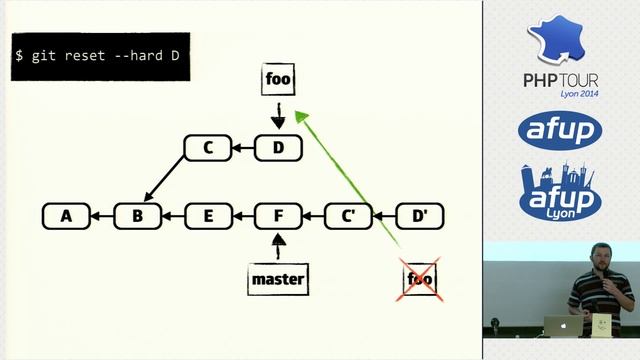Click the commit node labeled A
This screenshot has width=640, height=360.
[67, 215]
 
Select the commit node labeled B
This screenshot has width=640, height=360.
[138, 215]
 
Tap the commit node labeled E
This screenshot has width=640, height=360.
[209, 215]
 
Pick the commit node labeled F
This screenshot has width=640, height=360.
[279, 215]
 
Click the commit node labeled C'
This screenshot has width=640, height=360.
[349, 215]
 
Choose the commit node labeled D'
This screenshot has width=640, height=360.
[420, 215]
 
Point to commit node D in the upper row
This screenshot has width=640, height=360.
[279, 149]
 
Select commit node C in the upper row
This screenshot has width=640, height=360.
[209, 149]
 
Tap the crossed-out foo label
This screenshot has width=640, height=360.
[420, 279]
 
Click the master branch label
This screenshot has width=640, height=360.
[278, 279]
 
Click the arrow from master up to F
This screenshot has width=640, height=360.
[279, 246]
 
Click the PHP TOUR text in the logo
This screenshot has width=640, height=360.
[561, 79]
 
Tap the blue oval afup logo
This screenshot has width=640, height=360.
[560, 129]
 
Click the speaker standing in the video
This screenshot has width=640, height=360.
[598, 285]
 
